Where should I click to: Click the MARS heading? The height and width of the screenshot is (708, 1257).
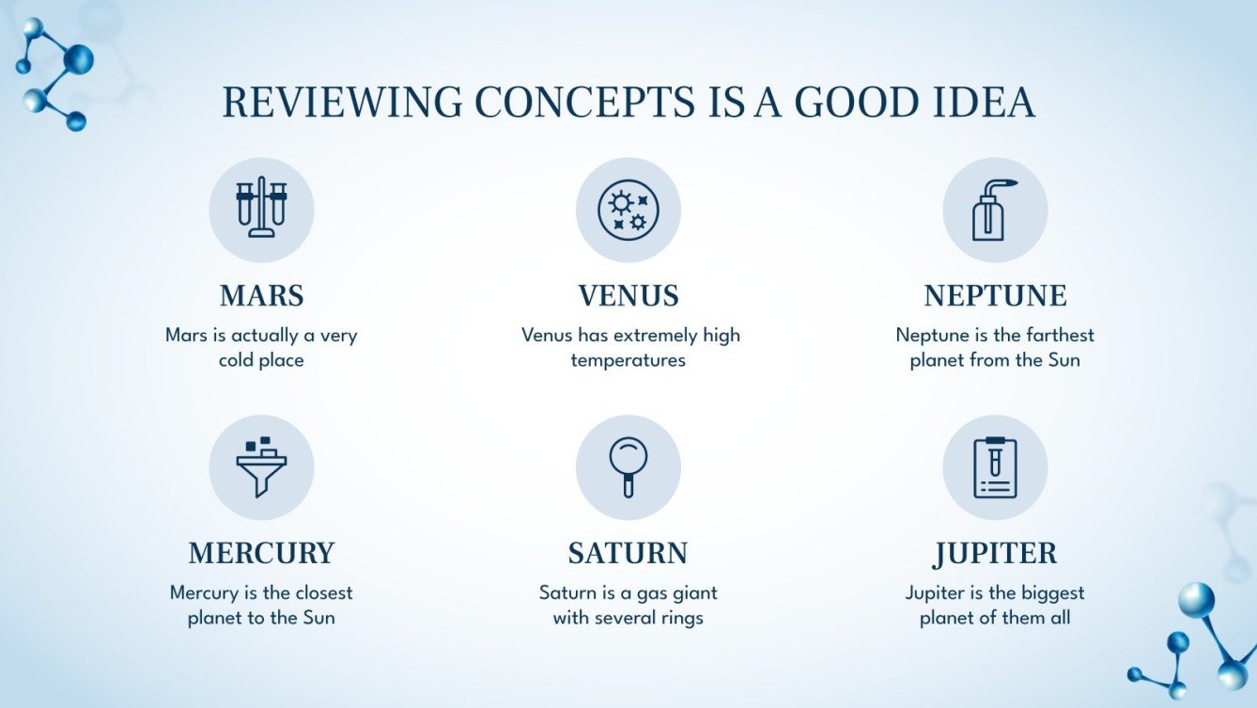(261, 296)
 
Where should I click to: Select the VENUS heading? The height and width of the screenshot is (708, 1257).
(628, 296)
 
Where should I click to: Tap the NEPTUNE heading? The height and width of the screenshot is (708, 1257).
(995, 296)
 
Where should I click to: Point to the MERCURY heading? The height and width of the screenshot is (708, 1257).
(261, 554)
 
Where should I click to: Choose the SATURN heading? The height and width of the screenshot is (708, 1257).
(628, 554)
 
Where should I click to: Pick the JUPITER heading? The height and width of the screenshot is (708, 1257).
(995, 554)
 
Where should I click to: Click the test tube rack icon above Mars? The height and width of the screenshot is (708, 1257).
(261, 209)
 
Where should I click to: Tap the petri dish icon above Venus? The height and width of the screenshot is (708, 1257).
(628, 209)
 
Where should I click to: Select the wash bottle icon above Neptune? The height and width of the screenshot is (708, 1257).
(994, 209)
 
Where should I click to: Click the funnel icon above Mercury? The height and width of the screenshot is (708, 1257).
(261, 467)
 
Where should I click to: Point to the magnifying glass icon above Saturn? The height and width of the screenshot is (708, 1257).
(628, 467)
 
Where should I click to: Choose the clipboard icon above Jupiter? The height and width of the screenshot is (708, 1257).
(995, 467)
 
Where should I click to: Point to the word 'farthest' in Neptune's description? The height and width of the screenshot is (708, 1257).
(1061, 336)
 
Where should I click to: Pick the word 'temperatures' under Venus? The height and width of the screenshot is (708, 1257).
(628, 360)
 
